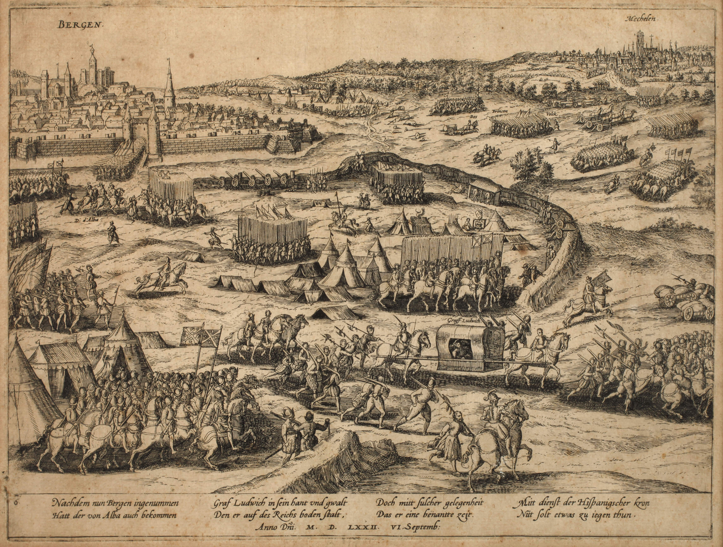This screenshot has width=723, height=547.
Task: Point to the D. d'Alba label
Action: tap(86, 220)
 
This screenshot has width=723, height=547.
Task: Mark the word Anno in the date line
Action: tap(265, 536)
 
